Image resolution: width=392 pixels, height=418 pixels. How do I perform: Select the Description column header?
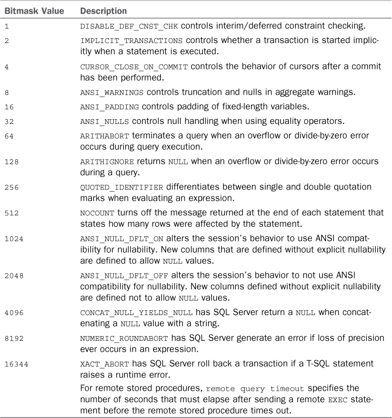(104, 11)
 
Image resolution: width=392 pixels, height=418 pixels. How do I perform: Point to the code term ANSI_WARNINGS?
(104, 92)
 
